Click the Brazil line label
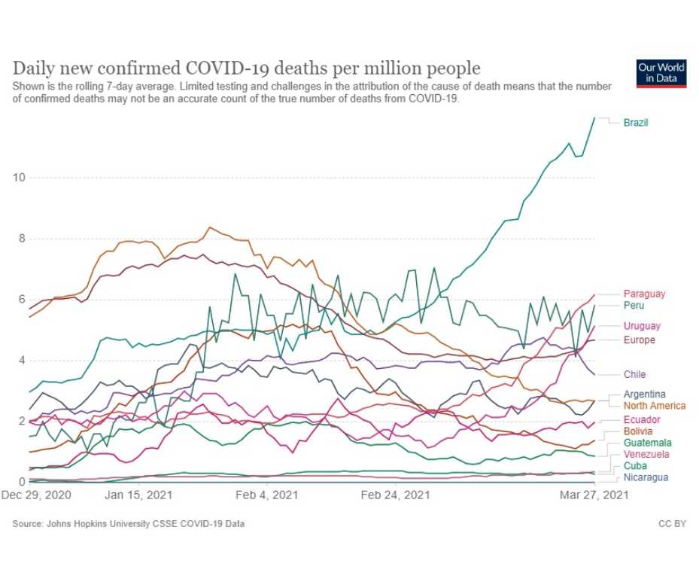[x=635, y=123]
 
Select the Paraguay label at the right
[x=644, y=294]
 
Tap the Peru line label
[x=634, y=305]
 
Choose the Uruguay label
[x=642, y=326]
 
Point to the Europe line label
[x=639, y=340]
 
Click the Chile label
[x=634, y=374]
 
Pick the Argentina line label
[x=644, y=394]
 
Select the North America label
[x=655, y=406]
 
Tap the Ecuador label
[x=642, y=419]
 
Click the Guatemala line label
[x=647, y=443]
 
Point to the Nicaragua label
[x=646, y=477]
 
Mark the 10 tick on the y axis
[x=19, y=178]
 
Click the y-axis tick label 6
[x=22, y=300]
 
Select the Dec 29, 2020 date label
[x=36, y=495]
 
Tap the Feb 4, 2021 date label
[x=267, y=495]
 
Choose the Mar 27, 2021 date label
[x=594, y=495]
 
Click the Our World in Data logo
[x=661, y=73]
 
